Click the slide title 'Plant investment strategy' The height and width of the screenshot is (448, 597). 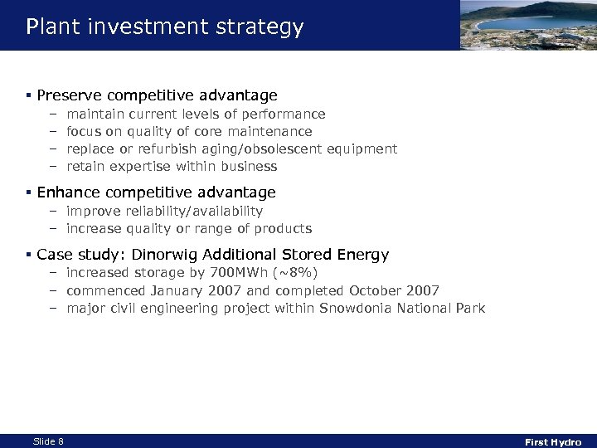(x=164, y=27)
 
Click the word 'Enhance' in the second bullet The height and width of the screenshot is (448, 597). (x=66, y=192)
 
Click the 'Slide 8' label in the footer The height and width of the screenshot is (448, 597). (x=48, y=441)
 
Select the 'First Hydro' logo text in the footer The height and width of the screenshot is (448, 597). (x=553, y=442)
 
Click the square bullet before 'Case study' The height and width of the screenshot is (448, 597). (x=29, y=255)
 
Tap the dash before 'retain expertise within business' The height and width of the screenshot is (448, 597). (x=51, y=166)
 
